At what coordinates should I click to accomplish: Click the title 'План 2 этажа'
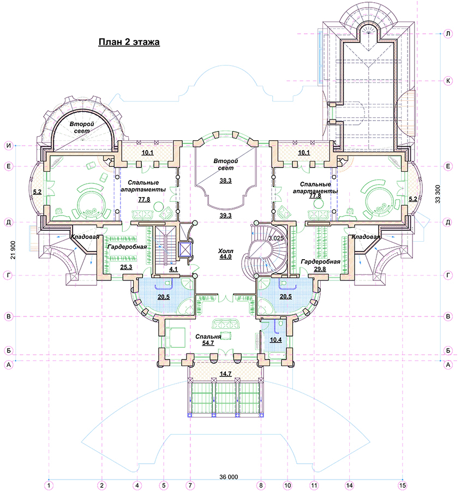click(129, 42)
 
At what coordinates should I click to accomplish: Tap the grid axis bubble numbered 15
click(403, 486)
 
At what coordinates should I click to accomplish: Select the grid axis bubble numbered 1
click(49, 486)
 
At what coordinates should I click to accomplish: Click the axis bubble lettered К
click(448, 81)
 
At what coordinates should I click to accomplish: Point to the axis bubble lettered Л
click(448, 33)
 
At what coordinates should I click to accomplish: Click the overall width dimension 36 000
click(229, 477)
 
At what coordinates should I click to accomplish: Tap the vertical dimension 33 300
click(438, 194)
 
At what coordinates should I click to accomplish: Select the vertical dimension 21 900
click(13, 250)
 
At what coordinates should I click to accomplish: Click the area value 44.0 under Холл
click(225, 257)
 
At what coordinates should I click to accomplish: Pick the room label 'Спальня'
click(208, 337)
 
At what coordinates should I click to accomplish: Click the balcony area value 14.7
click(225, 374)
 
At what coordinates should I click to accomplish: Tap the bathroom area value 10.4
click(276, 340)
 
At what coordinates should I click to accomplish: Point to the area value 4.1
click(173, 270)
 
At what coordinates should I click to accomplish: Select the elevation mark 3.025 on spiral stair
click(276, 238)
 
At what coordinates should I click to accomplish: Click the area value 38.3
click(225, 181)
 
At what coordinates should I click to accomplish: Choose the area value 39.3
click(225, 215)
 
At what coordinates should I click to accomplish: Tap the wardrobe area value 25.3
click(126, 267)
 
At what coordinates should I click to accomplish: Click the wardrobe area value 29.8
click(320, 269)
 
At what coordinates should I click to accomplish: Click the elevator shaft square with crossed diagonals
click(184, 249)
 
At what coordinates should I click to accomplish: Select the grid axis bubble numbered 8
click(261, 486)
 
